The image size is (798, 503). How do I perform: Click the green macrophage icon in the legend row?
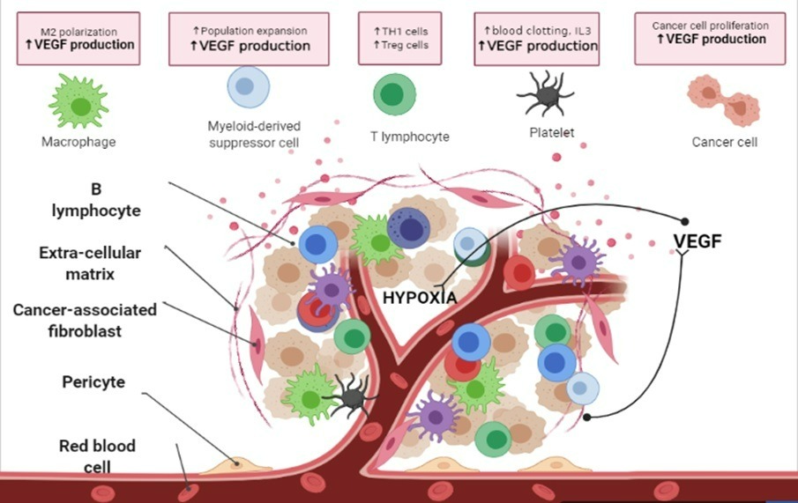(x=79, y=100)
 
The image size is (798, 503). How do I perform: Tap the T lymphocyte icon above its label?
(x=395, y=94)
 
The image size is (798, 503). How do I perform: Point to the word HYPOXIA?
(x=420, y=298)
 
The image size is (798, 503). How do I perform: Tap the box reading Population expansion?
(x=250, y=38)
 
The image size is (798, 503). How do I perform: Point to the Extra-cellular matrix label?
(x=90, y=262)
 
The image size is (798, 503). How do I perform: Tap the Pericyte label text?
(x=93, y=382)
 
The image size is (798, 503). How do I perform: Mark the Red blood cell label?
(x=97, y=455)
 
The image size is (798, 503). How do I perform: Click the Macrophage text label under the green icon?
(x=79, y=141)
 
